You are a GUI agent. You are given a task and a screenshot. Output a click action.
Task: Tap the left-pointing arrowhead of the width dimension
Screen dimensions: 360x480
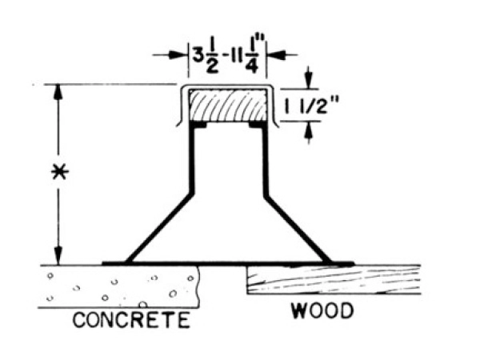pos(175,54)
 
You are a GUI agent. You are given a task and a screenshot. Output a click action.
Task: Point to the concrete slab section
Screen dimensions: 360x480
pos(120,285)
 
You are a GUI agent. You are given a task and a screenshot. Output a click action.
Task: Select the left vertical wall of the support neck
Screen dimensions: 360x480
pos(192,160)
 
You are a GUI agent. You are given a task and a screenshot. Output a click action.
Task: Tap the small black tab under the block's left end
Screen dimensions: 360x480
pos(198,125)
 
